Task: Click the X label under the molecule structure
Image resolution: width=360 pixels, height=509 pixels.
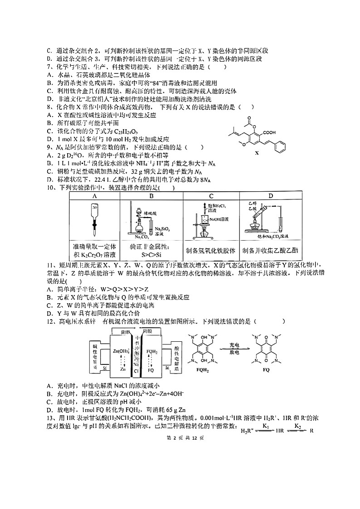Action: [257, 153]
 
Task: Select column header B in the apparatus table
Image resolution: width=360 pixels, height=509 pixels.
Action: [152, 196]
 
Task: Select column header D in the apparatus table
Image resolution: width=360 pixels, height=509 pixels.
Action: [270, 196]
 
